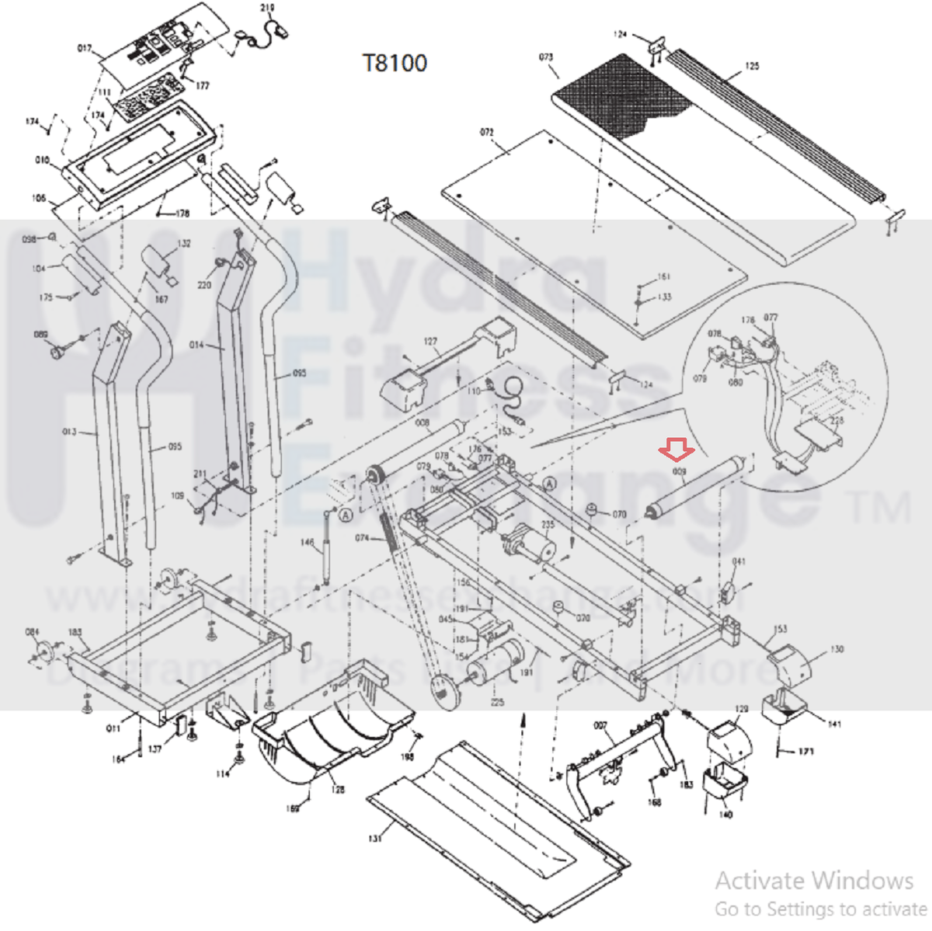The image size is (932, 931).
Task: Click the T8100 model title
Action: click(x=395, y=63)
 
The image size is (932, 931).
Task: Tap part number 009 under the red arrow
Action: click(x=679, y=471)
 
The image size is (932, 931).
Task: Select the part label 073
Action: click(x=546, y=57)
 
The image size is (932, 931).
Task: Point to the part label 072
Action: click(x=487, y=133)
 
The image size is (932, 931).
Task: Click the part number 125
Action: click(x=752, y=66)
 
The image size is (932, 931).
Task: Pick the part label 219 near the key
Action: click(x=267, y=9)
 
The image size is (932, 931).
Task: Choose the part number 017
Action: click(x=85, y=49)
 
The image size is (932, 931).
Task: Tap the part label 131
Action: click(x=375, y=839)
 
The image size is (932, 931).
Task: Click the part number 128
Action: click(x=338, y=790)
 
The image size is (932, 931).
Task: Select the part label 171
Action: click(x=806, y=752)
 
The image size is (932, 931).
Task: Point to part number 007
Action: click(x=600, y=725)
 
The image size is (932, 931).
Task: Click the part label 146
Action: click(x=308, y=543)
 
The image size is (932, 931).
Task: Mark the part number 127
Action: click(x=430, y=342)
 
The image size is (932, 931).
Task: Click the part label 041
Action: click(x=739, y=561)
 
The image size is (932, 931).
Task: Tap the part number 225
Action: click(x=497, y=702)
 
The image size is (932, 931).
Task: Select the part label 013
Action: click(x=70, y=432)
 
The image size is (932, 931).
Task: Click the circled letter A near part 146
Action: click(x=346, y=514)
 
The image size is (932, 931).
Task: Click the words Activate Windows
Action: click(x=814, y=881)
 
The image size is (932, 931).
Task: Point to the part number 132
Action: click(x=184, y=244)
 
